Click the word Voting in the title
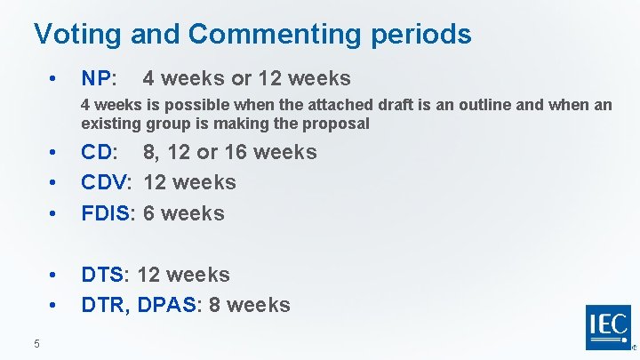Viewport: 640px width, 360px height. click(77, 34)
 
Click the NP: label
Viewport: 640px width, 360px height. click(99, 78)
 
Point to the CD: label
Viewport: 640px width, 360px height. click(100, 152)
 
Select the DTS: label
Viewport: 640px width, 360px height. click(106, 275)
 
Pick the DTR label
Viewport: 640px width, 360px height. click(105, 305)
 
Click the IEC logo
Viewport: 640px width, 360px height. click(608, 327)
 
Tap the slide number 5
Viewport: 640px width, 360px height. click(36, 344)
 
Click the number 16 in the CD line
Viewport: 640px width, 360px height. click(236, 152)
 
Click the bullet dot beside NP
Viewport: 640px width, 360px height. click(55, 79)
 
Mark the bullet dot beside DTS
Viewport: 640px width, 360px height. click(55, 276)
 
